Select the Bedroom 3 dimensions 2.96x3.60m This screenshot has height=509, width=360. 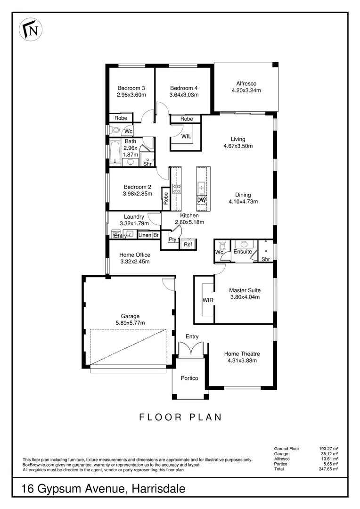(131, 95)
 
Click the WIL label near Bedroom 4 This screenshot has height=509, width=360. (186, 136)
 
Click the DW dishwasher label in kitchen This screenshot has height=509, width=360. (201, 200)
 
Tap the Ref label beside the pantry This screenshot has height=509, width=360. (188, 245)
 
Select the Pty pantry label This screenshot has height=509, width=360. (172, 239)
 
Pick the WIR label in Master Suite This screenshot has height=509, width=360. (208, 300)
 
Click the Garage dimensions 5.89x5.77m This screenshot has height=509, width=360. (129, 323)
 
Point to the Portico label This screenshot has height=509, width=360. (189, 378)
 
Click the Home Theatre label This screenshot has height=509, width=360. (242, 353)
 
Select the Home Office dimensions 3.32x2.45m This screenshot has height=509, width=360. (135, 262)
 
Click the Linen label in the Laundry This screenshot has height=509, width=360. (145, 235)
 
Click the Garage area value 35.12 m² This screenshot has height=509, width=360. (330, 454)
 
